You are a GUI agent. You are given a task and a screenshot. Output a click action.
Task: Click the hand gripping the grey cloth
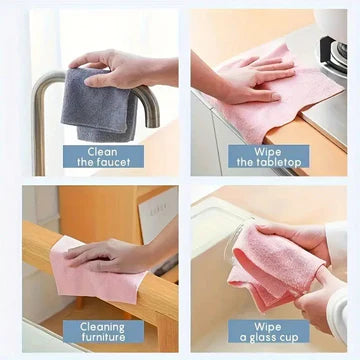point(120,68)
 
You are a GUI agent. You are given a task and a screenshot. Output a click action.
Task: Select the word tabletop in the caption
point(277,163)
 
